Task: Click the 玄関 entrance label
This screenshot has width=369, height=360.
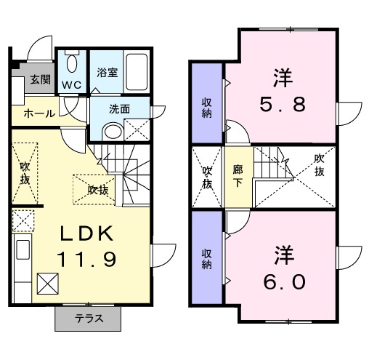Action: [x=40, y=80]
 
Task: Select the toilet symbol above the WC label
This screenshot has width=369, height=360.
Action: [x=71, y=63]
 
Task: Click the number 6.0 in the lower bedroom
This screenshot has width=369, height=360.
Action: [x=283, y=281]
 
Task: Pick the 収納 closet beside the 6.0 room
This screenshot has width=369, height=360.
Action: [x=207, y=260]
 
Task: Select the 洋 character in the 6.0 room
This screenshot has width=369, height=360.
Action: [x=283, y=257]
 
